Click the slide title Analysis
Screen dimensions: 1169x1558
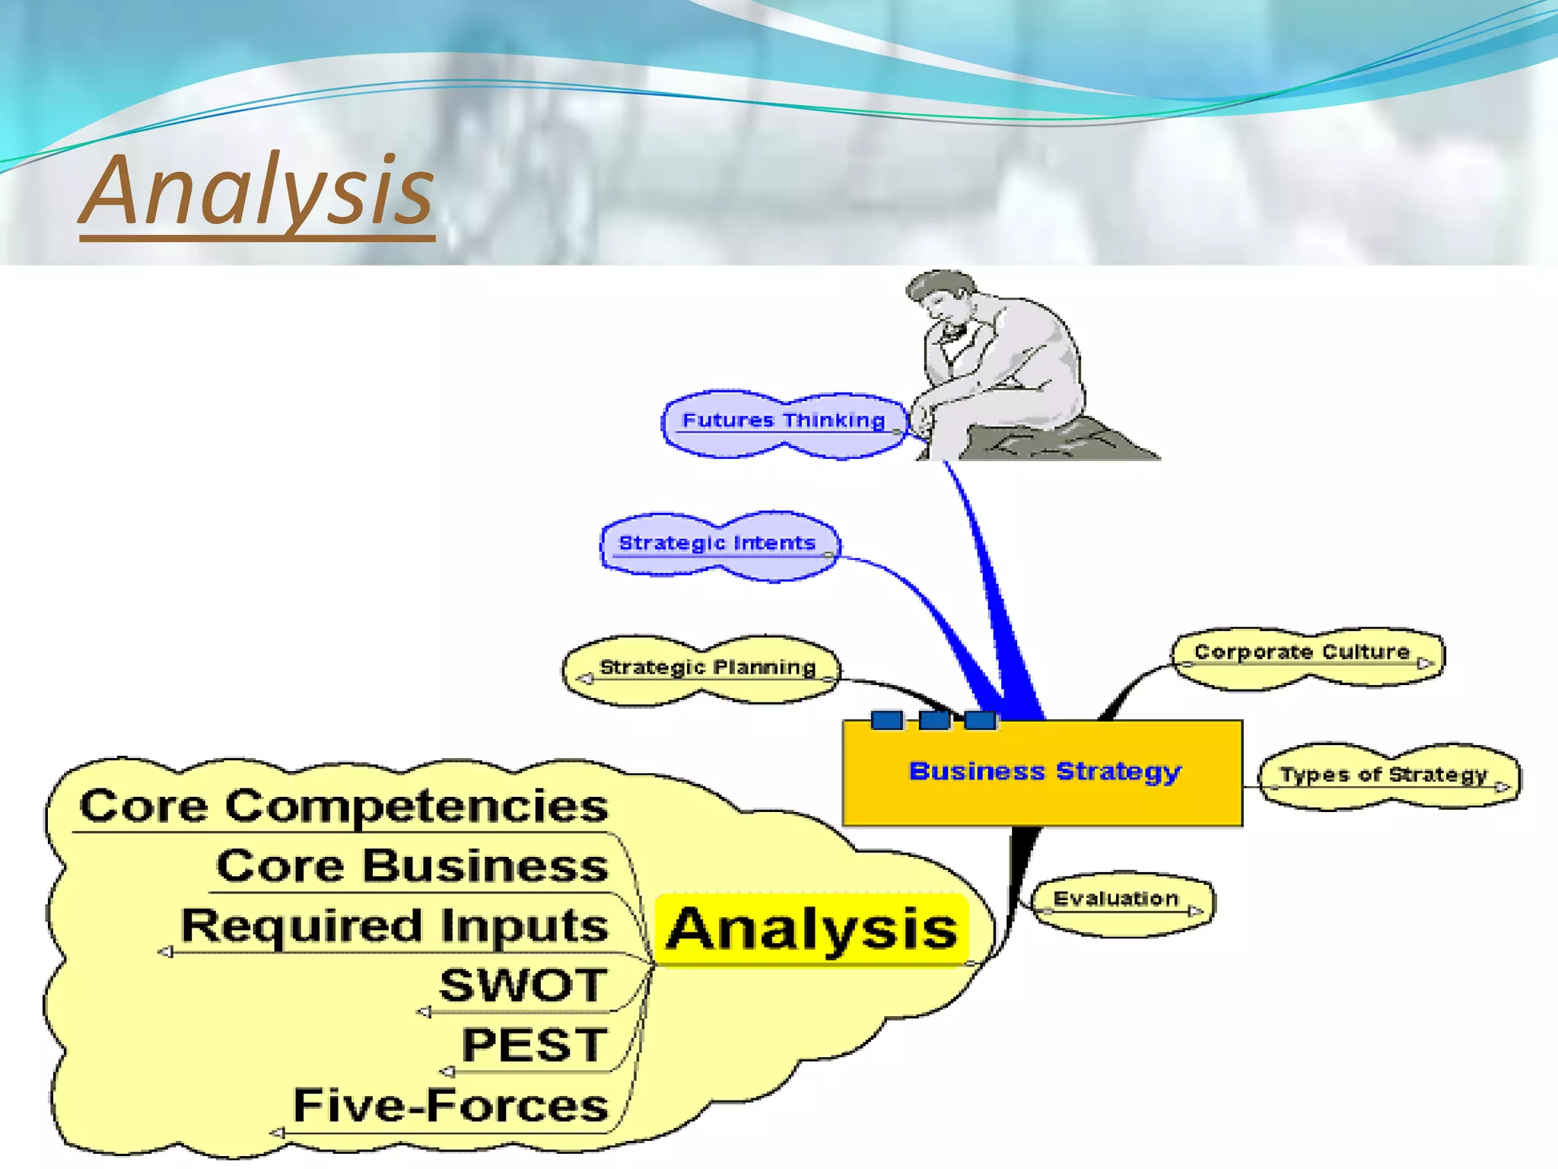tap(257, 190)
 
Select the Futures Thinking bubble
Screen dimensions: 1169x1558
tap(784, 421)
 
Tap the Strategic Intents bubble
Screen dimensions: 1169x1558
tap(717, 543)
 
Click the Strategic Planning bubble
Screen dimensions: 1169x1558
tap(707, 667)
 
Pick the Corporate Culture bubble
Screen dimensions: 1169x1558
tap(1302, 653)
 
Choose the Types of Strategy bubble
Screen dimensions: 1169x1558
tap(1384, 775)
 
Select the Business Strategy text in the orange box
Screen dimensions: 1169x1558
tap(1045, 772)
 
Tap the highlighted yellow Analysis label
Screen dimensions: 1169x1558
tap(812, 929)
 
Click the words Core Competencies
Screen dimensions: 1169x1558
tap(344, 806)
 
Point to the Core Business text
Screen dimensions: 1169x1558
tap(412, 866)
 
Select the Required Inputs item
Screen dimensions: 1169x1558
tap(395, 926)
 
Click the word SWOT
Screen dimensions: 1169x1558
tap(524, 986)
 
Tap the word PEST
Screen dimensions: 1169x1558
tap(535, 1046)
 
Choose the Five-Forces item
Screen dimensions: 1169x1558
tap(450, 1106)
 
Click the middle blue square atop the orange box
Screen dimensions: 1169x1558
tap(934, 719)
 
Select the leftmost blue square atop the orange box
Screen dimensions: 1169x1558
tap(887, 719)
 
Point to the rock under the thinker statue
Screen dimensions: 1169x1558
tap(1065, 441)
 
